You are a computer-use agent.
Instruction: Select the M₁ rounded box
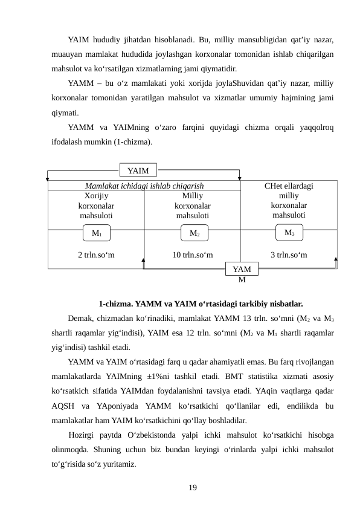(x=97, y=233)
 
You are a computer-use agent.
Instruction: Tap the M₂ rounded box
(x=194, y=233)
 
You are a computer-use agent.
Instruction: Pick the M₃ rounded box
(x=289, y=232)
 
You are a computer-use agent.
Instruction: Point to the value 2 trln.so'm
(x=97, y=254)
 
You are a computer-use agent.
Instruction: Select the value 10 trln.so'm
(x=193, y=254)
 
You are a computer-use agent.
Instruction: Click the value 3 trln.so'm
(x=289, y=254)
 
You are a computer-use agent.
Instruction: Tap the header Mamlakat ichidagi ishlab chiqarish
(x=144, y=186)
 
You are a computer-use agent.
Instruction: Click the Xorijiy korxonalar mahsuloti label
(x=97, y=206)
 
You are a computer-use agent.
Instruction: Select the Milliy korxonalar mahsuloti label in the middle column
(x=193, y=206)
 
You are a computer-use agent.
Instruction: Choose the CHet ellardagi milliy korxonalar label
(x=289, y=200)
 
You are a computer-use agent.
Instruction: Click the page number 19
(x=192, y=487)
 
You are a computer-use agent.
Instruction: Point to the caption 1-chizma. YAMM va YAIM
(x=200, y=303)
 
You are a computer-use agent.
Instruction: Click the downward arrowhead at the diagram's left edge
(x=48, y=178)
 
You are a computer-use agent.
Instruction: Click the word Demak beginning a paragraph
(x=82, y=318)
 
